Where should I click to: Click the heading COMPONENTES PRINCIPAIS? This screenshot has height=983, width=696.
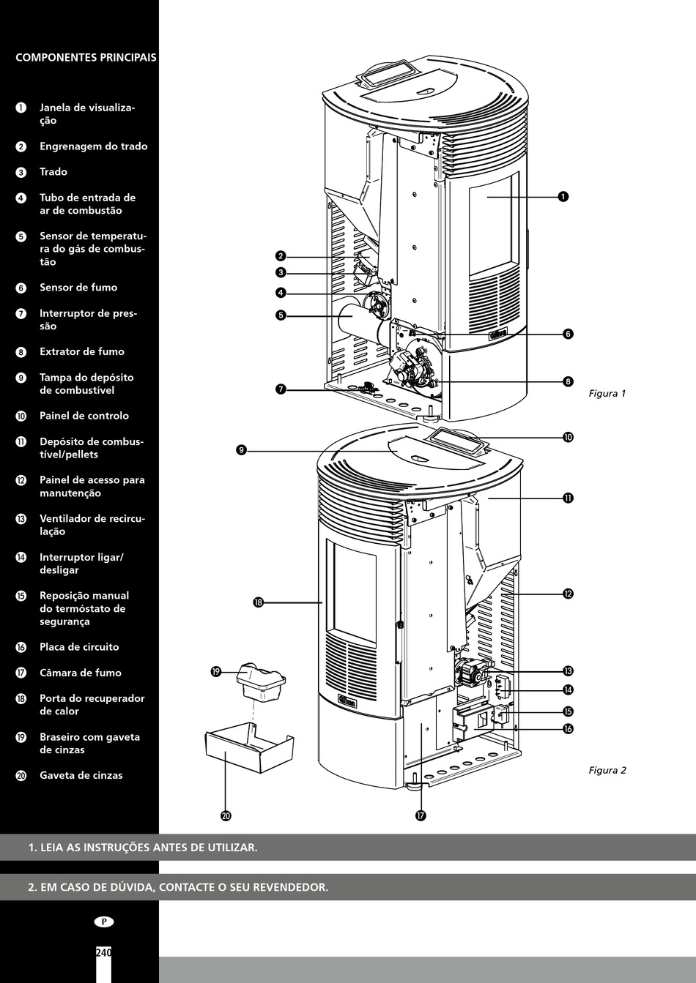[86, 58]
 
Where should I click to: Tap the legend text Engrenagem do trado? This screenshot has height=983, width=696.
[93, 146]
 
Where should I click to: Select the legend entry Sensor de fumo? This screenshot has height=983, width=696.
[78, 288]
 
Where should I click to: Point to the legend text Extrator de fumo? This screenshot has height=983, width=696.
[81, 351]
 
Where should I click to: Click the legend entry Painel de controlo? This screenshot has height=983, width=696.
[84, 416]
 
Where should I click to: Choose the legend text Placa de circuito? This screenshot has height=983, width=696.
[78, 647]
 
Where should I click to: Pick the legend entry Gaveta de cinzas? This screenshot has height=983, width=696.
[81, 775]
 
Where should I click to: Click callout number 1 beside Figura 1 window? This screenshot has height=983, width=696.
[563, 196]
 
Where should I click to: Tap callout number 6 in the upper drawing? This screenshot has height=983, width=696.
[568, 334]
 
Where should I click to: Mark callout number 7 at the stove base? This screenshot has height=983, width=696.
[281, 389]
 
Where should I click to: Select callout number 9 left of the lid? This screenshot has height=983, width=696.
[241, 450]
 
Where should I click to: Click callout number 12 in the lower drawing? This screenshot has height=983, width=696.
[568, 594]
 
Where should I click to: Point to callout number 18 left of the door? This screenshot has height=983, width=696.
[258, 602]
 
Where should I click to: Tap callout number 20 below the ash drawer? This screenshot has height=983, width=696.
[226, 815]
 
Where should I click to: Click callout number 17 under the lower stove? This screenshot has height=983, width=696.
[421, 815]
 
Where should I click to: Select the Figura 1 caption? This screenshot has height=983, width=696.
[607, 394]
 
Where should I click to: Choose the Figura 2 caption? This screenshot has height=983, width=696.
[607, 770]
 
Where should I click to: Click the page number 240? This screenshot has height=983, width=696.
[103, 953]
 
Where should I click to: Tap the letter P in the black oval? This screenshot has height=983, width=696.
[103, 922]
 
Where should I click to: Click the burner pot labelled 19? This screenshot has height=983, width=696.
[261, 681]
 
